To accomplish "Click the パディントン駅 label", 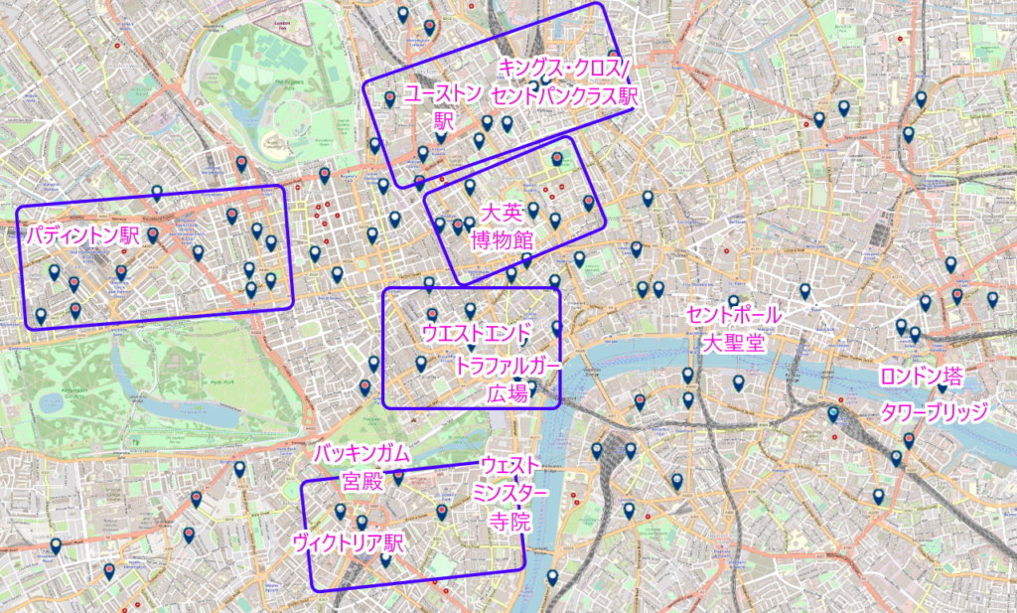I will point(83,236).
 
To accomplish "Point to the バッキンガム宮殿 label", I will point(362,468).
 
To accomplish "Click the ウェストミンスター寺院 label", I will point(510,492).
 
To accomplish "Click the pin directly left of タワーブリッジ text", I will point(833,413).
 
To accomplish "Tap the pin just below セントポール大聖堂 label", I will point(738,383).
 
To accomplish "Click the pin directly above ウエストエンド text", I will point(470,310).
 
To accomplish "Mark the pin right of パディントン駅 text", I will point(153,235).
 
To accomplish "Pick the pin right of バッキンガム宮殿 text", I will point(398,476).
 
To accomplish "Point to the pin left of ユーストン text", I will point(390,98).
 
